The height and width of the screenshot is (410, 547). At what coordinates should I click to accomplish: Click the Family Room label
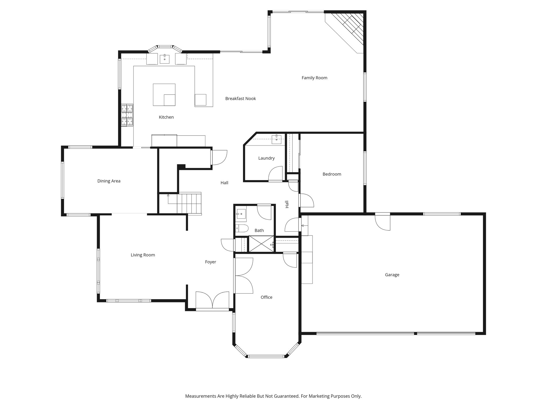(x=314, y=78)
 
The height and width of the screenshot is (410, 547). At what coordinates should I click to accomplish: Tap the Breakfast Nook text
(x=240, y=99)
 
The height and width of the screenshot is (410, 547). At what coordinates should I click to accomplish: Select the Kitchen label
(x=166, y=117)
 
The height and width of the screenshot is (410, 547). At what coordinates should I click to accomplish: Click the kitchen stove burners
(x=127, y=115)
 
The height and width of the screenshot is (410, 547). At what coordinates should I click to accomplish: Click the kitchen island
(x=164, y=94)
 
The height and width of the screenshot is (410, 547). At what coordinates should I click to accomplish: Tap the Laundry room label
(x=266, y=158)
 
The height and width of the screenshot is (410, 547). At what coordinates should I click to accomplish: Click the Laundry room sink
(x=276, y=139)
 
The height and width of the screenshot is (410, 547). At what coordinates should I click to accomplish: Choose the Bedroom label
(x=332, y=174)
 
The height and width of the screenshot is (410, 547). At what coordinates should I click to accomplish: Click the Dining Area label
(x=109, y=181)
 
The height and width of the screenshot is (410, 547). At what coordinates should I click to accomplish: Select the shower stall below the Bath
(x=261, y=244)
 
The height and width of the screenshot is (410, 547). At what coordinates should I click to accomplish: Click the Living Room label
(x=143, y=255)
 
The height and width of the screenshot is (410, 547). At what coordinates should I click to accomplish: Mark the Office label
(x=266, y=297)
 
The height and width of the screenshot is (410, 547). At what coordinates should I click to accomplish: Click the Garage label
(x=392, y=275)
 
